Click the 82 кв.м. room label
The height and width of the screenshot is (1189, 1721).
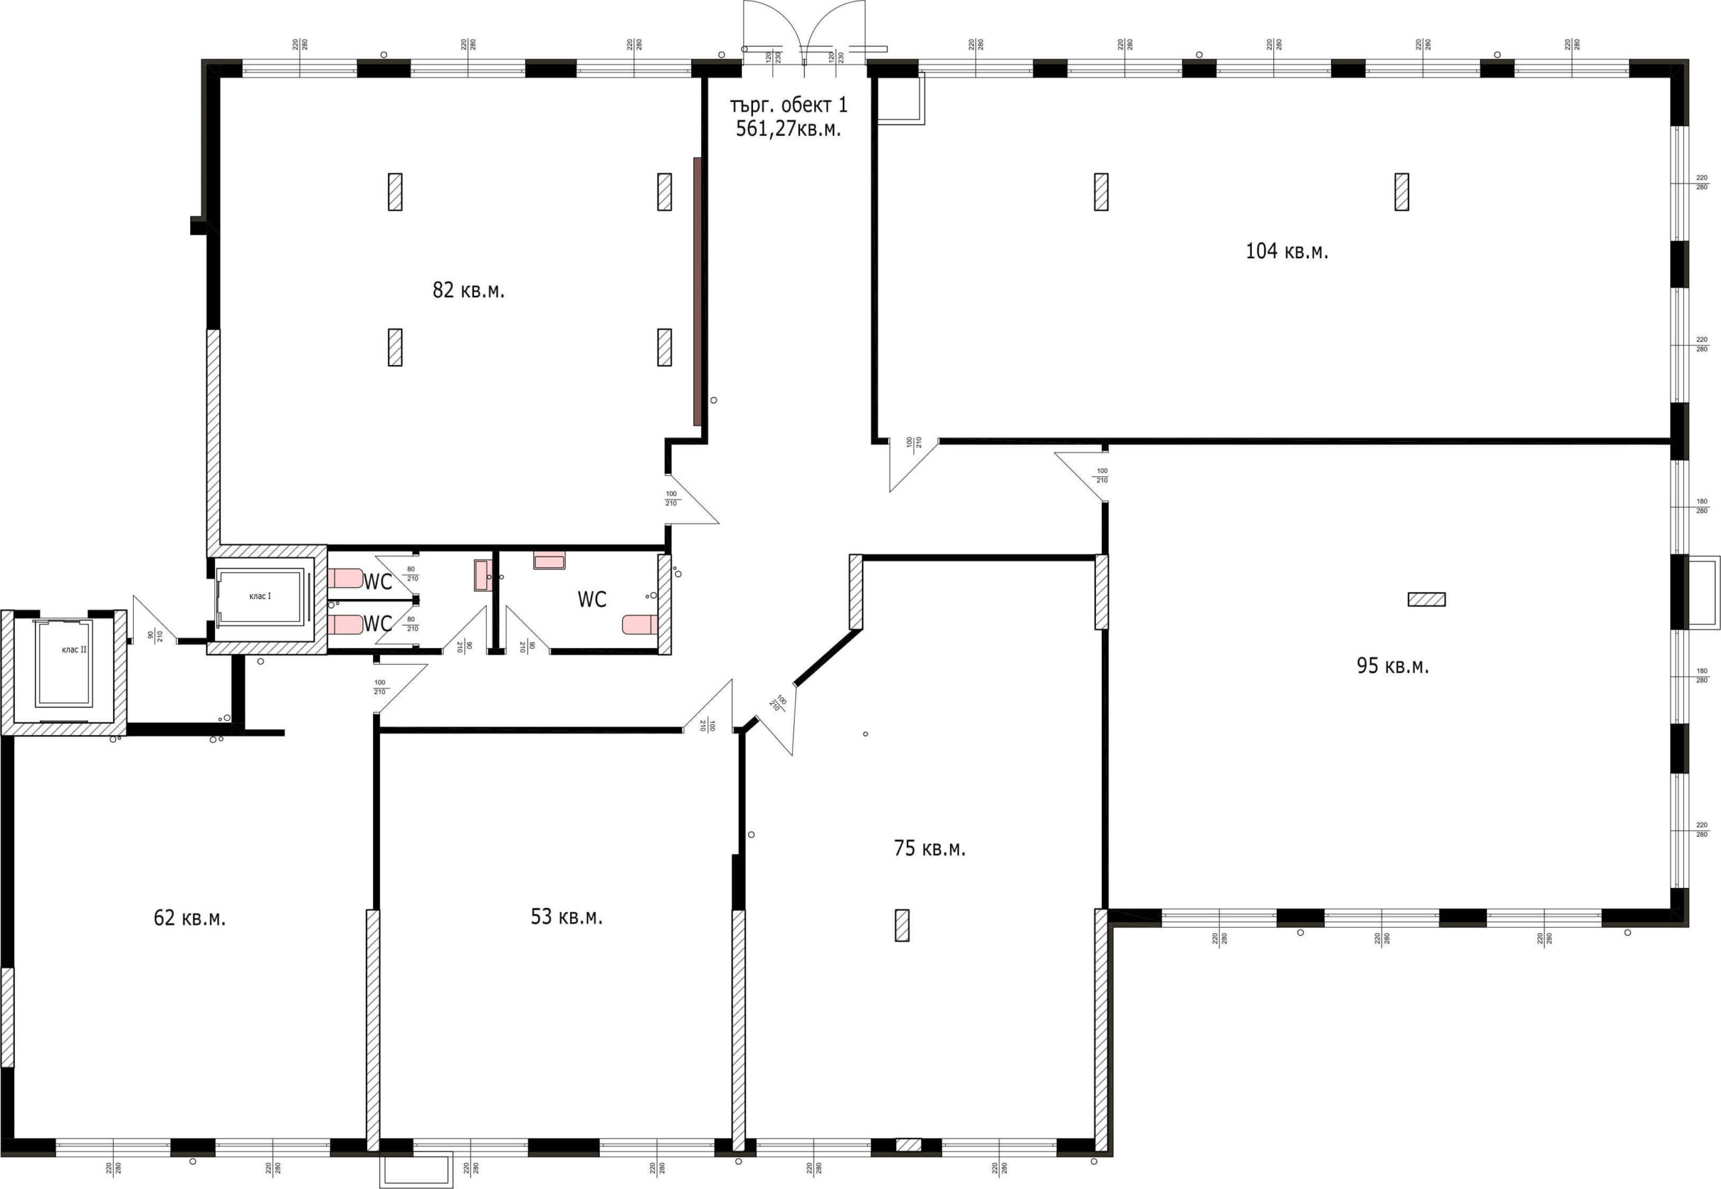[469, 290]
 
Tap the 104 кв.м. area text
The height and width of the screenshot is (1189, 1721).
[1287, 251]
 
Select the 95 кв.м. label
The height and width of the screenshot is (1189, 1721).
[1392, 665]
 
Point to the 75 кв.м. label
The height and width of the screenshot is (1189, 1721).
[929, 848]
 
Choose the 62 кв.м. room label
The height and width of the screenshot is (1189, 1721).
[189, 918]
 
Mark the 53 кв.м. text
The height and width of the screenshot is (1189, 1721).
[566, 916]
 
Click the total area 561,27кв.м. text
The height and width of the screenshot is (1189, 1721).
[789, 129]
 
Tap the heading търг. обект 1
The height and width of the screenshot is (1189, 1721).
[789, 105]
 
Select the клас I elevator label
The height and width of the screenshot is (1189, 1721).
[260, 596]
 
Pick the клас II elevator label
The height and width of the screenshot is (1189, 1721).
[74, 650]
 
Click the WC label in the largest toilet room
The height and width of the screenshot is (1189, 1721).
[592, 600]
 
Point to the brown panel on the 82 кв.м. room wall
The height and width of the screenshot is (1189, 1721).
[697, 291]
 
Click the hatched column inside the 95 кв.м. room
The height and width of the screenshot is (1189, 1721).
[1426, 599]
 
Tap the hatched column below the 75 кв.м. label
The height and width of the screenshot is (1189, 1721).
[902, 926]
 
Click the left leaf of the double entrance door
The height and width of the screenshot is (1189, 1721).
[772, 30]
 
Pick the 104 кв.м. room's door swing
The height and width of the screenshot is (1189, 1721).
[913, 465]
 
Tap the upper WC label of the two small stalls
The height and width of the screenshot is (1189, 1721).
[377, 582]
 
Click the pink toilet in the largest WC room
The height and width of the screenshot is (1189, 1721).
[640, 624]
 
